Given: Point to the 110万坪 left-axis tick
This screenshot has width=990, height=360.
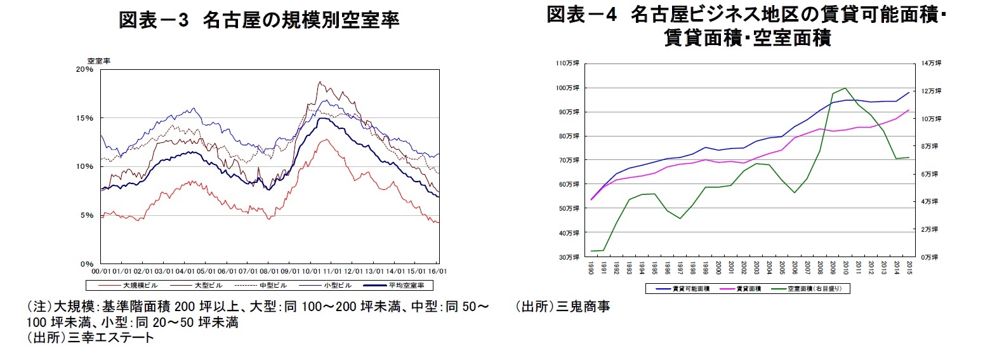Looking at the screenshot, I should pyautogui.click(x=568, y=63).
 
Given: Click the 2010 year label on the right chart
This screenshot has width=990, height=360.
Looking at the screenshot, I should pyautogui.click(x=846, y=267).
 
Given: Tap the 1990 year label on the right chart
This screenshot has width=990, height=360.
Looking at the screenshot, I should pyautogui.click(x=591, y=267).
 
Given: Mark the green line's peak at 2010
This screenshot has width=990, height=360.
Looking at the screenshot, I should pyautogui.click(x=845, y=88).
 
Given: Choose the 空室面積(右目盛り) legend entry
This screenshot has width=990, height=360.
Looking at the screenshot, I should pyautogui.click(x=812, y=289).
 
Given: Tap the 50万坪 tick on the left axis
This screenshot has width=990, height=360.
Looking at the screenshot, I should pyautogui.click(x=569, y=208).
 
